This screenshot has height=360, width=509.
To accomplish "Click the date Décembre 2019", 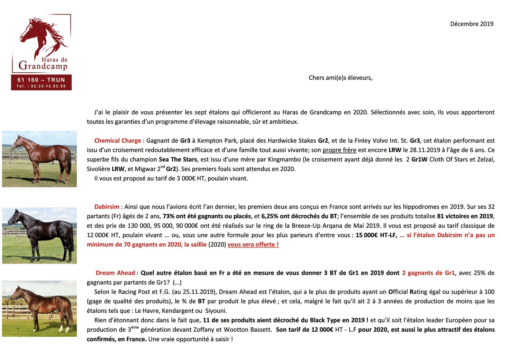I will coord(471,24).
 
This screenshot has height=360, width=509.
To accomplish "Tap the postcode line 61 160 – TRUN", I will coord(41,80).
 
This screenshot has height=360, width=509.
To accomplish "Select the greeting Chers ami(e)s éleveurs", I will coord(340,78).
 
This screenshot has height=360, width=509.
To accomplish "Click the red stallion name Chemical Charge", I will coord(118,141).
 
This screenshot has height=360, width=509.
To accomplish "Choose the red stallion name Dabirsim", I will coord(107,207).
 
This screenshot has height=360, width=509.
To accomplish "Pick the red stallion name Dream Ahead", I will coord(115,273).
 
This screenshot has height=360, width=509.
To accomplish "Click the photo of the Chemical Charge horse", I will coord(39,159).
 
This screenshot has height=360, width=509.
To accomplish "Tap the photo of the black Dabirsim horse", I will coord(39,236).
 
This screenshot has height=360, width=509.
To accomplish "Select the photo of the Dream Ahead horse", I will coord(39,308).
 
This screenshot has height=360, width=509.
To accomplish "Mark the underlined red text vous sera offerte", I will coord(253,245).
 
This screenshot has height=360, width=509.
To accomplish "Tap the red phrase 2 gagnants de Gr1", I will coord(428,273).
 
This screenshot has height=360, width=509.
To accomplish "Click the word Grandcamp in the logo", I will coord(43,65).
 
